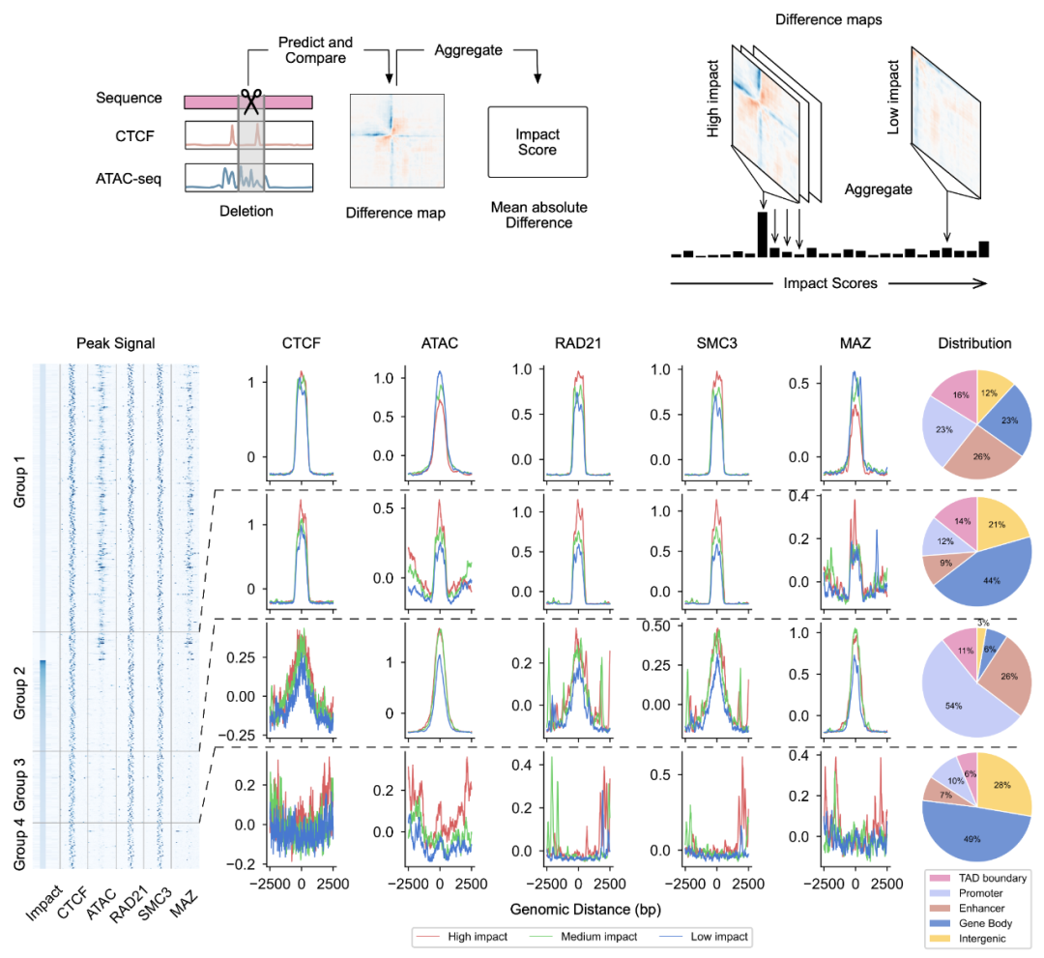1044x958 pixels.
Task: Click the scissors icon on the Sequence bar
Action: click(252, 100)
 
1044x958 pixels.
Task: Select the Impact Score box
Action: click(537, 142)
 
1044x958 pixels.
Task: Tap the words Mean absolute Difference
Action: click(538, 215)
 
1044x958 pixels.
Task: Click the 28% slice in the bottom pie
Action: click(1003, 789)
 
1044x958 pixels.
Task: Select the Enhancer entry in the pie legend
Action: click(981, 908)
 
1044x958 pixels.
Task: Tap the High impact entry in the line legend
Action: click(475, 937)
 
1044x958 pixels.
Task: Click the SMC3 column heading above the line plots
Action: click(716, 343)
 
